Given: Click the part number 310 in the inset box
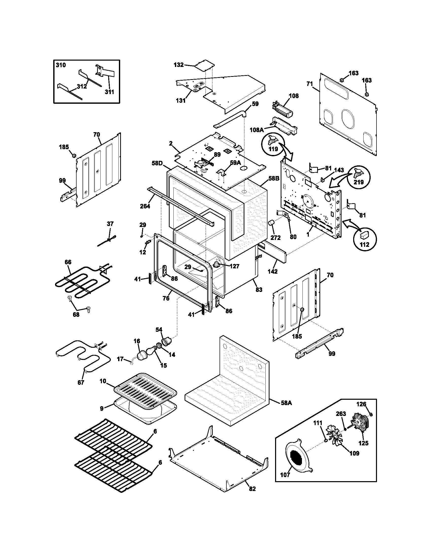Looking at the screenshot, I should [x=61, y=65].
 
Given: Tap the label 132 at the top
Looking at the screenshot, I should [x=178, y=65].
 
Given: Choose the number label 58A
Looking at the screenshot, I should [x=286, y=403].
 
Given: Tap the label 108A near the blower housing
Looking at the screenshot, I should [x=257, y=130].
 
